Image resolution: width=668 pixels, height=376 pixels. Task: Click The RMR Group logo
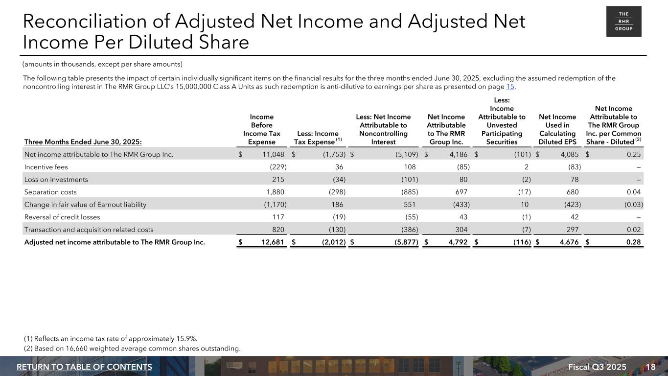click(623, 22)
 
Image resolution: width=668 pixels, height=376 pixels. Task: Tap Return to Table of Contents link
click(84, 367)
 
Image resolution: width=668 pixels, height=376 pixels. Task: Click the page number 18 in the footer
click(650, 367)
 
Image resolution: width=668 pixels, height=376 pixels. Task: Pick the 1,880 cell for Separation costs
click(275, 192)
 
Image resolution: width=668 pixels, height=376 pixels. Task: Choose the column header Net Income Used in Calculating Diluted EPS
click(557, 129)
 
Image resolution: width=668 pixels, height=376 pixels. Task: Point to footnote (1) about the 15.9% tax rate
click(111, 339)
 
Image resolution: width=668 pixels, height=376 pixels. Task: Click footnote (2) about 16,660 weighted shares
click(132, 349)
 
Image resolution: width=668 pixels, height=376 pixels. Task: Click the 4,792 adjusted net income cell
click(456, 242)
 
